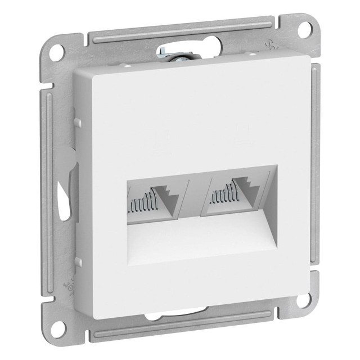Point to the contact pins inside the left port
click(142, 201)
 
